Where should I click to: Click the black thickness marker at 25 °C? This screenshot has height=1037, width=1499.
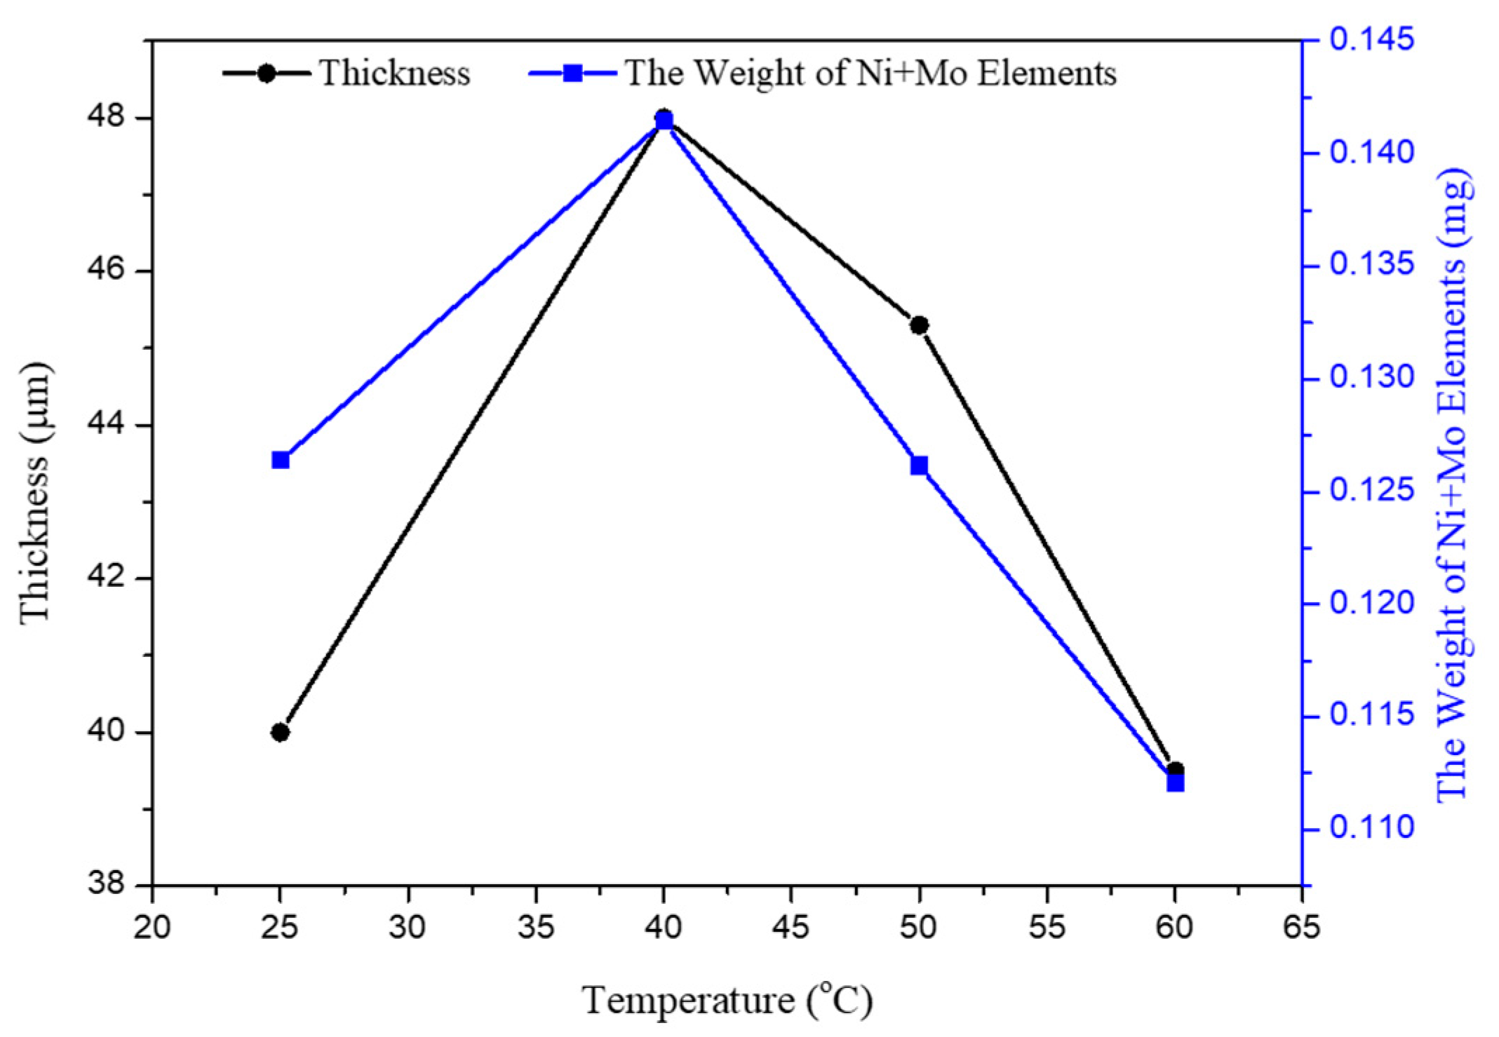[280, 733]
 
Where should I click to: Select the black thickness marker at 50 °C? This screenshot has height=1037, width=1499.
[919, 325]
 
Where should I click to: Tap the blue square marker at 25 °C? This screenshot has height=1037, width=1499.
[281, 460]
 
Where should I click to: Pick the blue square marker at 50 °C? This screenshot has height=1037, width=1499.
[919, 466]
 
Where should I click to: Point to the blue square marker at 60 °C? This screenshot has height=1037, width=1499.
[1176, 782]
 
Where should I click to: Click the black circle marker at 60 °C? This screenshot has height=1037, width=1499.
[1176, 770]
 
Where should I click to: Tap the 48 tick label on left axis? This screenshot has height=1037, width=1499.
[105, 117]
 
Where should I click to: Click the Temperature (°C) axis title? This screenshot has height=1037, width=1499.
[727, 1001]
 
